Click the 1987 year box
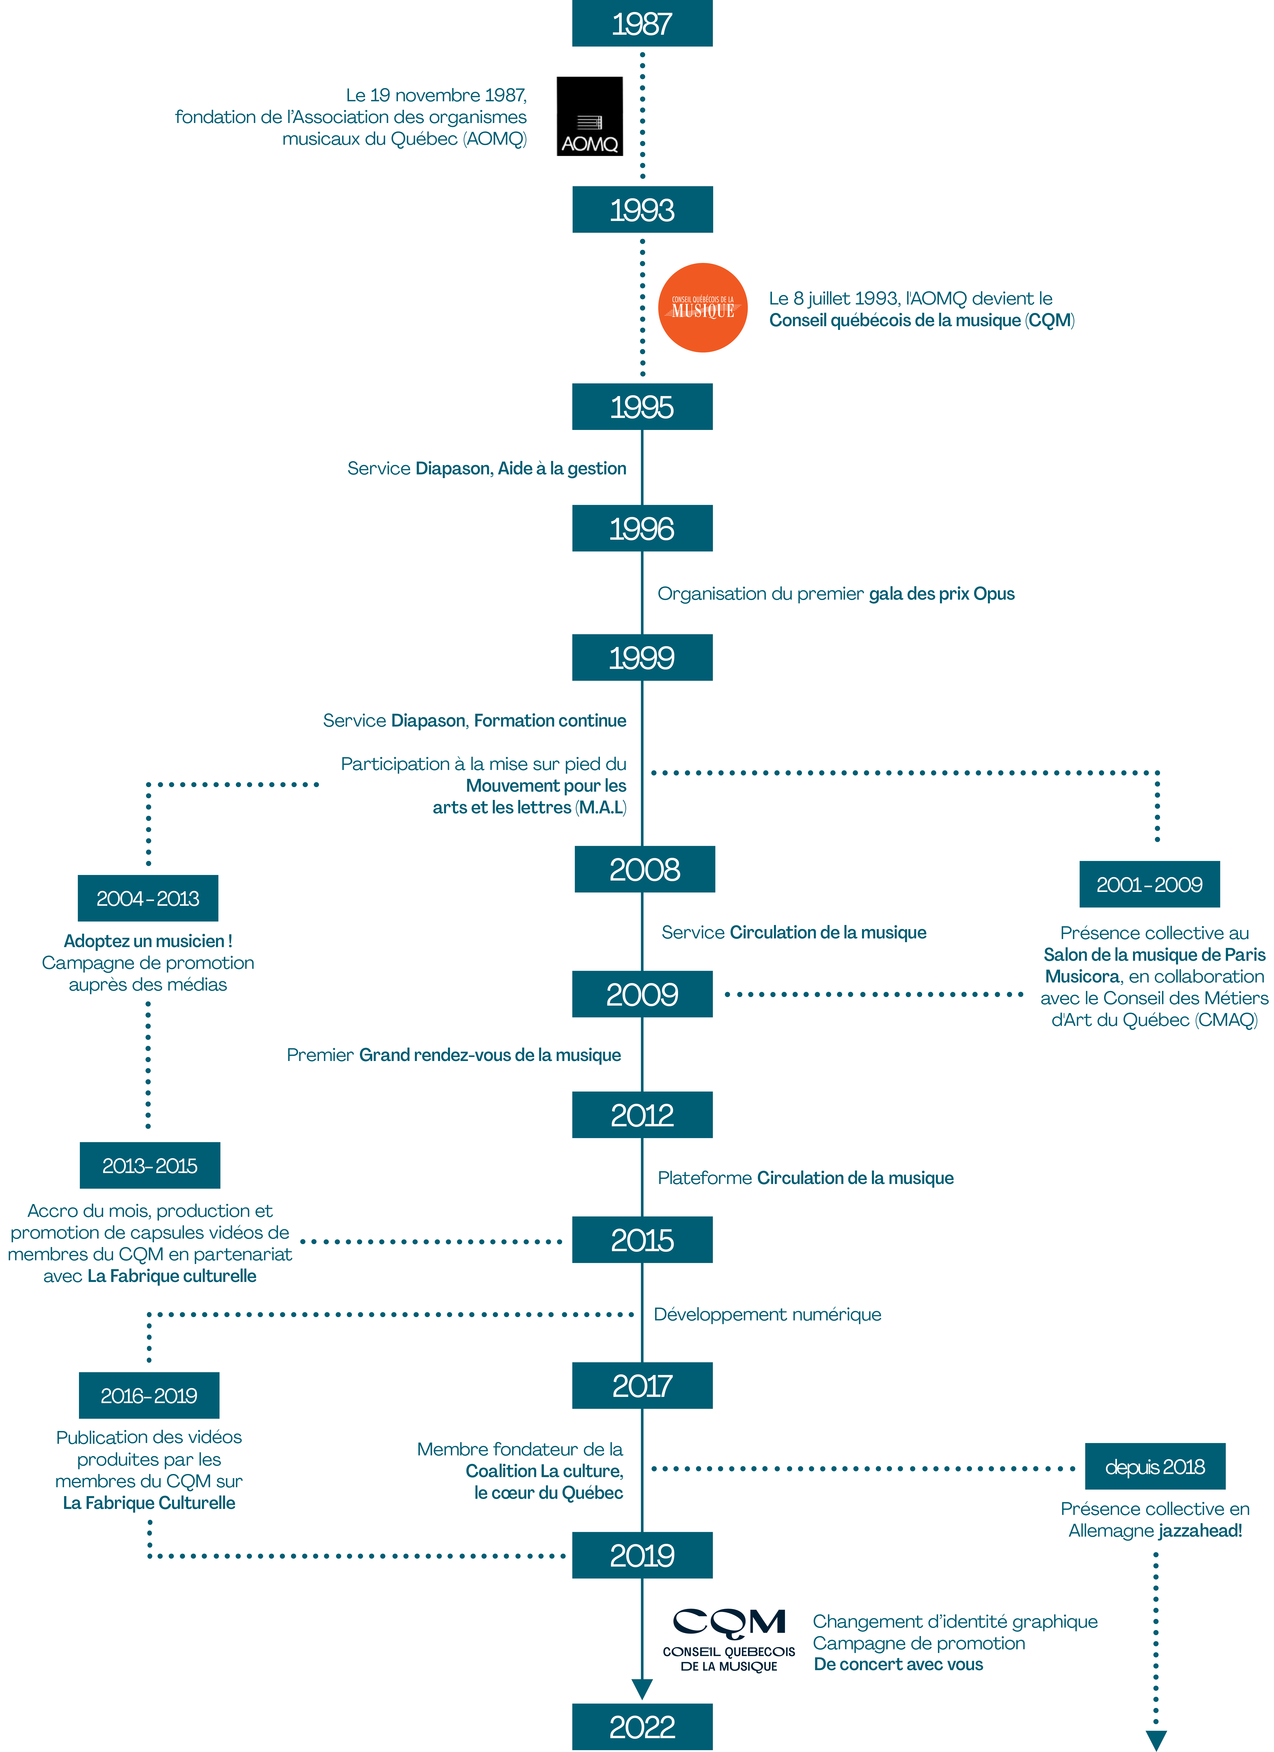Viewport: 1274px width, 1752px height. [642, 23]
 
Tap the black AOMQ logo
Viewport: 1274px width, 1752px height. [590, 116]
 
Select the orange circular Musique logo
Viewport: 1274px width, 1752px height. [702, 307]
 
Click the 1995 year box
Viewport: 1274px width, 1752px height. [642, 406]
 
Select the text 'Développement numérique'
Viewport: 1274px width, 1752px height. [767, 1314]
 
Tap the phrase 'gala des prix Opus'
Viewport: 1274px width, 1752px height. [942, 593]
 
